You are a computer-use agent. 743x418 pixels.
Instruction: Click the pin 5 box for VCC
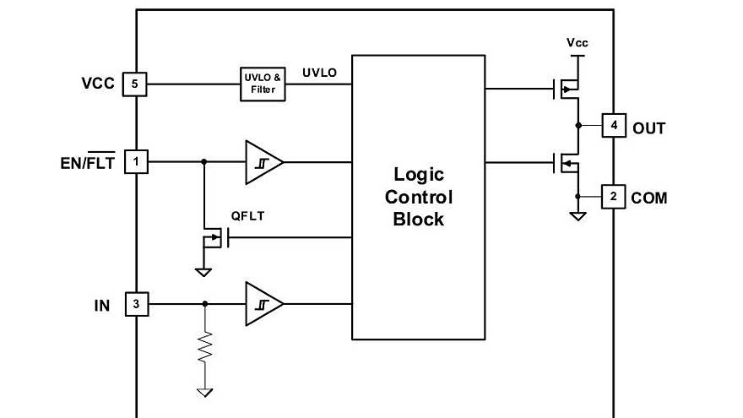[x=136, y=84]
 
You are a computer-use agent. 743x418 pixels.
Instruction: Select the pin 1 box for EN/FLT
[x=136, y=160]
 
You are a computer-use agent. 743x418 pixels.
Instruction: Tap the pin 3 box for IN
[x=136, y=304]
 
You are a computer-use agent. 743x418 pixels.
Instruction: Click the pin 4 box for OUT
[x=614, y=127]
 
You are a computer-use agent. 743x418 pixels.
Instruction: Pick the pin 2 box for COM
[x=614, y=197]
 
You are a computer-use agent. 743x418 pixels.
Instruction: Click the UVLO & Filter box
[x=263, y=84]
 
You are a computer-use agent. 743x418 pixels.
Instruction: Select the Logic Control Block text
[x=418, y=197]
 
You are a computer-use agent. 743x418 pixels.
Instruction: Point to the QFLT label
[x=247, y=216]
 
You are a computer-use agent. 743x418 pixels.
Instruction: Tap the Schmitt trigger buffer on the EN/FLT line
[x=263, y=160]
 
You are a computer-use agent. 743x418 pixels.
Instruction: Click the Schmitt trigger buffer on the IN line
[x=263, y=304]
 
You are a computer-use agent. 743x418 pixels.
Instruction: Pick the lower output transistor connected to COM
[x=567, y=161]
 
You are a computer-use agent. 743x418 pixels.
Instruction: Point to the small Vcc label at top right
[x=578, y=42]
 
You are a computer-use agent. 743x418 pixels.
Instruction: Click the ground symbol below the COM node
[x=578, y=216]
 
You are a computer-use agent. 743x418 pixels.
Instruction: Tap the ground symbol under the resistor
[x=204, y=392]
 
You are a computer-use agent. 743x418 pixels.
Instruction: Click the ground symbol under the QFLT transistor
[x=203, y=271]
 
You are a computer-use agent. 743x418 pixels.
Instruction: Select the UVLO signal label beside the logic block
[x=319, y=73]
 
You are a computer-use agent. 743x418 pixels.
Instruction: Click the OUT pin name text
[x=649, y=128]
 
